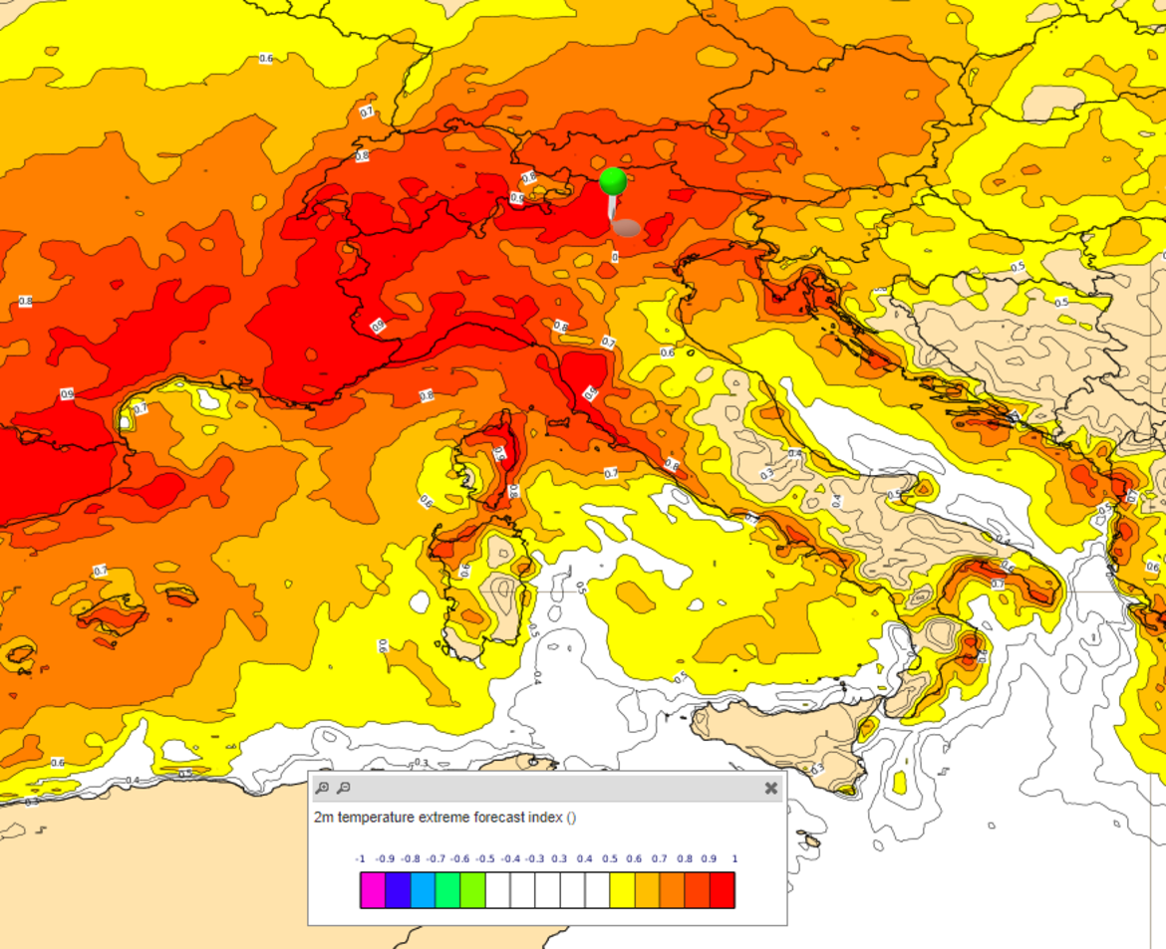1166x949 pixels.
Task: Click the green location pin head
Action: (x=613, y=181)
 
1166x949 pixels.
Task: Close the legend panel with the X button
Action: (x=770, y=788)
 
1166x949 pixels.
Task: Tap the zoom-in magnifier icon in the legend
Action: (x=322, y=788)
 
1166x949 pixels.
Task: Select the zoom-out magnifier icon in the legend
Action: (x=343, y=788)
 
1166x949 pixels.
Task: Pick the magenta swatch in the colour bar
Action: (x=373, y=890)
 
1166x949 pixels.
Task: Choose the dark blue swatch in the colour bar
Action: (x=398, y=890)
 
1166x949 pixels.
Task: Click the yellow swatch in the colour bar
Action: (x=622, y=890)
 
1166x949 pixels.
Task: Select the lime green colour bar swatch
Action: (x=472, y=890)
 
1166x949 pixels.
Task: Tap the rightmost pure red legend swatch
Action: (x=723, y=890)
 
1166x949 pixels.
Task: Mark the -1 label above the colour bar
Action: (x=360, y=858)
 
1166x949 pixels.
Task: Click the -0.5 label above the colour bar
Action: (x=484, y=858)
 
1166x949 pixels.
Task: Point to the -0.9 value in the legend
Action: (x=385, y=858)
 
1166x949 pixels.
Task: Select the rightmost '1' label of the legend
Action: (x=734, y=858)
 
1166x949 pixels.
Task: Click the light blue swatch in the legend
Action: (x=423, y=890)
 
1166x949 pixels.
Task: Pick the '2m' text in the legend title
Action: (x=324, y=818)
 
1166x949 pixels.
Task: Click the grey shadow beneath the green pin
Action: (x=626, y=228)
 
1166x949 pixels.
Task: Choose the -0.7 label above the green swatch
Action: (x=435, y=858)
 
